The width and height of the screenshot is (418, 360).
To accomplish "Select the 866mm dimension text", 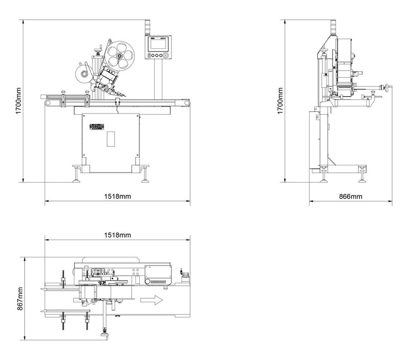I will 350,196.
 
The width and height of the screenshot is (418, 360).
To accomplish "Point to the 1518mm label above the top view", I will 117,235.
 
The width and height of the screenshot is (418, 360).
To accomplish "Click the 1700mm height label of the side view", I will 280,101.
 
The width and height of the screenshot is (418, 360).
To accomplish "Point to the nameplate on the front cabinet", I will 96,127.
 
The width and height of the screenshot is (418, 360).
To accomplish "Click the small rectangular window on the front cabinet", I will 110,138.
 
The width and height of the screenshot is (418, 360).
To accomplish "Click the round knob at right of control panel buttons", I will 166,55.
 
